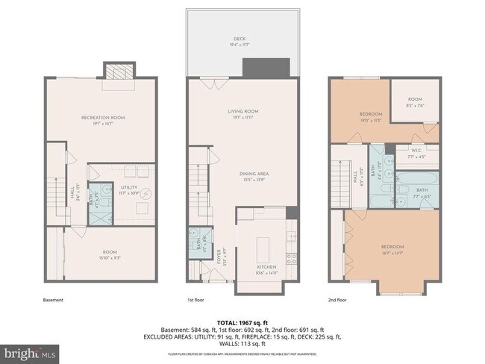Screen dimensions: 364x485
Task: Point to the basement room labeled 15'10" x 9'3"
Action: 102,254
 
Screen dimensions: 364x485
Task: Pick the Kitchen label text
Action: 266,267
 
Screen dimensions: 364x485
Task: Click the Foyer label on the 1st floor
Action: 219,257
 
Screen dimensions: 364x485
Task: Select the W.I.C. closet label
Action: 415,154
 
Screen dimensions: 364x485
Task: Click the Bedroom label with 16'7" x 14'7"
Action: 392,247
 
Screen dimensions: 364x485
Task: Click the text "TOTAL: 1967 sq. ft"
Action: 243,321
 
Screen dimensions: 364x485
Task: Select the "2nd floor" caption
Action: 338,300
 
